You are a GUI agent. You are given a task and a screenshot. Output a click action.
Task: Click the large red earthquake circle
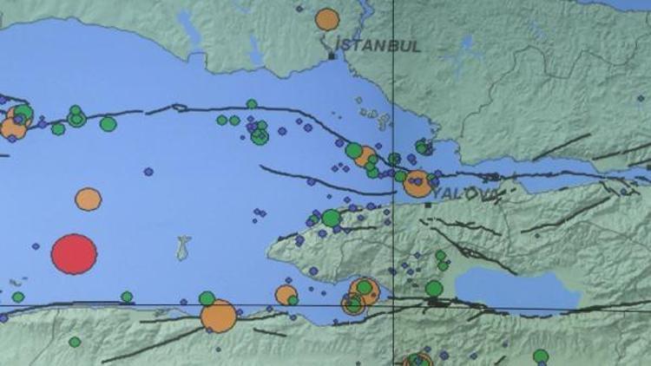click(74, 254)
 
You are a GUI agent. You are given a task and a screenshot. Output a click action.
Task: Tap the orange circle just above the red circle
click(88, 199)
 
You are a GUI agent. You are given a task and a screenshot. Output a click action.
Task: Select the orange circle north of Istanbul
click(327, 19)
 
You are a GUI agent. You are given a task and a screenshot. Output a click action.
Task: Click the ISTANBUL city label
click(378, 45)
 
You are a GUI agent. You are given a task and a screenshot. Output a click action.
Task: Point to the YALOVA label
click(465, 193)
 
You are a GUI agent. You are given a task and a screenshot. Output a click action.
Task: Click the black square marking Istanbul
click(332, 57)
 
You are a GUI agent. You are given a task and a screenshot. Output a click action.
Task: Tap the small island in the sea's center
click(183, 248)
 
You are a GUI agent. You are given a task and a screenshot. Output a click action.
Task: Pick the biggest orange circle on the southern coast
click(219, 316)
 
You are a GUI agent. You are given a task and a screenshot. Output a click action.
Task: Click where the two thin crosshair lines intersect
click(394, 305)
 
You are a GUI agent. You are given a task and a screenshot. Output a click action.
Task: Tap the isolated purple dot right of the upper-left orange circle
click(148, 172)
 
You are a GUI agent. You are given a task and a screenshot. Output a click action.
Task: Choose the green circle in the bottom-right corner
click(541, 356)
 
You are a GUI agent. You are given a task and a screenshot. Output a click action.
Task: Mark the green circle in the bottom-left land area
click(75, 342)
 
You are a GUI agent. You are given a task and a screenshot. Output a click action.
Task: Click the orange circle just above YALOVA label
click(418, 183)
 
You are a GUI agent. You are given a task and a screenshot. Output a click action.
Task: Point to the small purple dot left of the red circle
click(36, 246)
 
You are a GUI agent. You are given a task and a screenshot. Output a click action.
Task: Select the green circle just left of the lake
click(434, 288)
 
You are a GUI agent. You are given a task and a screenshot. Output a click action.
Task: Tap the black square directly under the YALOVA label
click(428, 206)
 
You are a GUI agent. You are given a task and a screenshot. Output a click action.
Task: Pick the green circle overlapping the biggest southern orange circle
click(207, 299)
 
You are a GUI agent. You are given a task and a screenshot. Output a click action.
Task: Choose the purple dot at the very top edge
click(299, 9)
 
